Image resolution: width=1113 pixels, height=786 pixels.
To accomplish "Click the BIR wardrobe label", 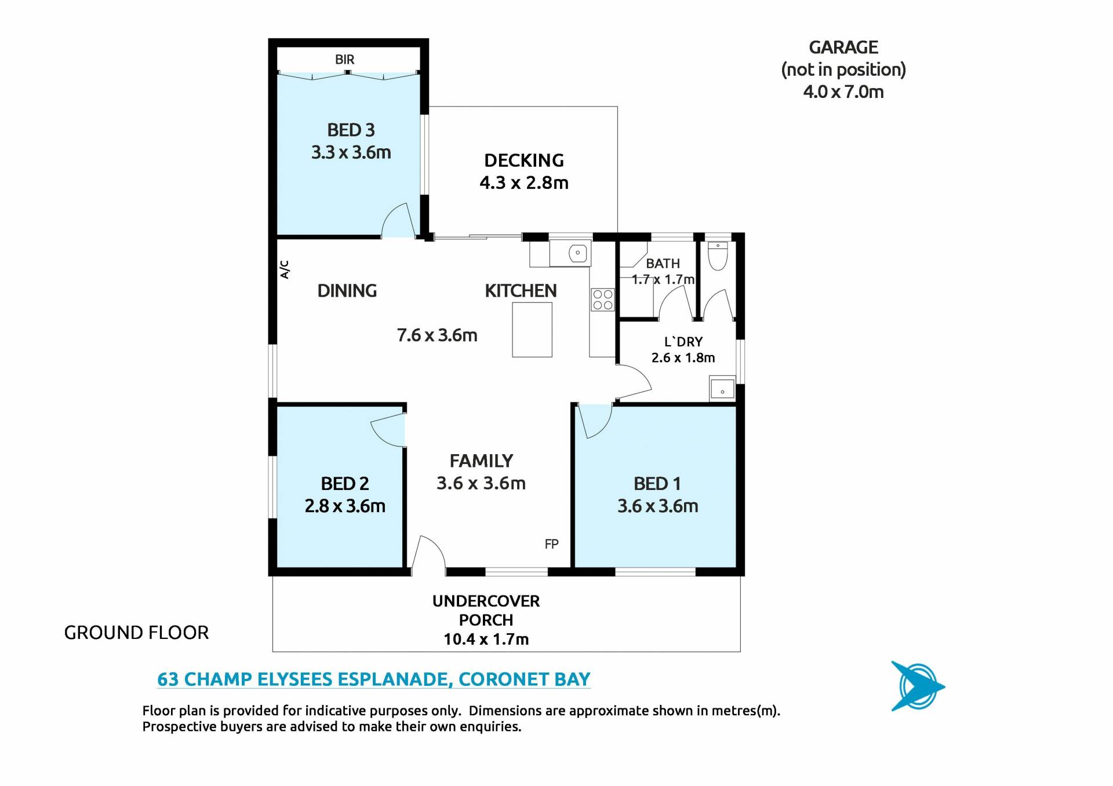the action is (344, 60).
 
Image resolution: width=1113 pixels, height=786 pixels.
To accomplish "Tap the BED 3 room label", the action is (351, 130).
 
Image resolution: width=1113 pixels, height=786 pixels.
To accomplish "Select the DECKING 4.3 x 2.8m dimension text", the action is (524, 183).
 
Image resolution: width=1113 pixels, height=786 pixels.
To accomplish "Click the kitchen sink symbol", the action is (577, 253).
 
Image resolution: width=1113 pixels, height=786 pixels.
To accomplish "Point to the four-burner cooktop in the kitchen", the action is (602, 299).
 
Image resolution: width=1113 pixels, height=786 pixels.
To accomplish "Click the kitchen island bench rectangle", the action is (532, 330).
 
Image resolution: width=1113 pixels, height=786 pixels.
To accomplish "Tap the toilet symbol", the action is (718, 256).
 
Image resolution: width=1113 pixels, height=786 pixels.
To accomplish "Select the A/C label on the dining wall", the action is (285, 269).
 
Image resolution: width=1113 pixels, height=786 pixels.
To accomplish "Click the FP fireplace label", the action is (551, 544).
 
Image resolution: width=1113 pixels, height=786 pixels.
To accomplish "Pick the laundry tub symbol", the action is (722, 389).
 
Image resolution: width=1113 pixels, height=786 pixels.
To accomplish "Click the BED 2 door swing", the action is (387, 430).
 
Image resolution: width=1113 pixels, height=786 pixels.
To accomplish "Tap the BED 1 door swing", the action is (595, 421).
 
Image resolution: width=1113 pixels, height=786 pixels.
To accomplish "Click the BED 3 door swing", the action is (398, 220).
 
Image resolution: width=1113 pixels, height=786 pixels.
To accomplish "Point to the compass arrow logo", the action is (917, 686).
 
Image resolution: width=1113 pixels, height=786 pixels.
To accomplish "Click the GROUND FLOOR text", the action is (136, 633).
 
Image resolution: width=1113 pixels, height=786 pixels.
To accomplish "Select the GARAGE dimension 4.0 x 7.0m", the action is (843, 92).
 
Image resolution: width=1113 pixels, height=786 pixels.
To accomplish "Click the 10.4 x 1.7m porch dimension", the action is (486, 639).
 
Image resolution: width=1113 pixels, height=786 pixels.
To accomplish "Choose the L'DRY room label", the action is (683, 342).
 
